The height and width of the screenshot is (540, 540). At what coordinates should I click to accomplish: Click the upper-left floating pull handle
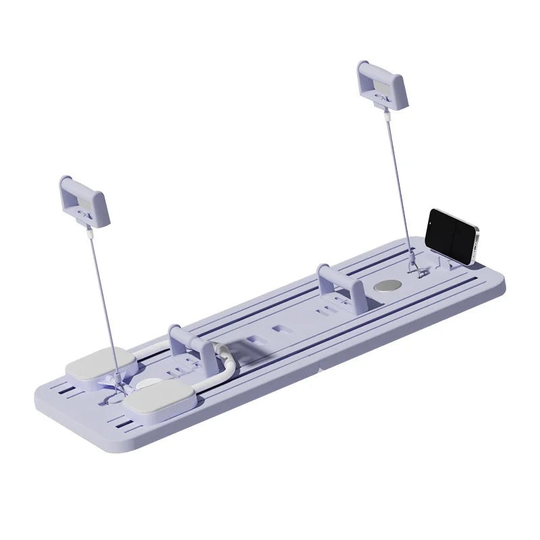83,200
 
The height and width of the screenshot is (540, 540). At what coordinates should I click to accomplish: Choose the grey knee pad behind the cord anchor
94,367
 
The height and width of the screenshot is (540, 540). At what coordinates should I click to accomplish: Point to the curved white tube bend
225,354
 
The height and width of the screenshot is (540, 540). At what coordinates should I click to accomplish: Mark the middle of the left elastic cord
101,297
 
